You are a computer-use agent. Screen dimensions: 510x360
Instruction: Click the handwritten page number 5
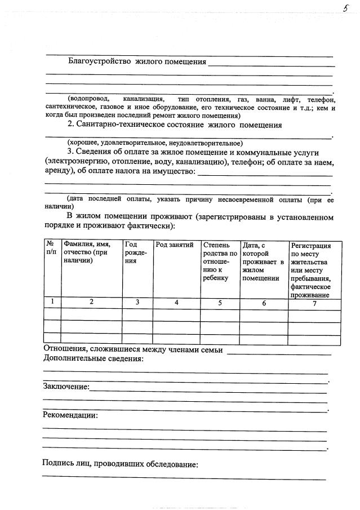[x=345, y=8]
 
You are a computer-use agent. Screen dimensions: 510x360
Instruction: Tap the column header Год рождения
[x=136, y=254]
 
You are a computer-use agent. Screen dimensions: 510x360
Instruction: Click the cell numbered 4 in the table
[x=176, y=302]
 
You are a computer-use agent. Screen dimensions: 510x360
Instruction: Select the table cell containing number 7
[x=314, y=304]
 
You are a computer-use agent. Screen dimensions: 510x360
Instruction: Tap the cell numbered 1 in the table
[x=52, y=301]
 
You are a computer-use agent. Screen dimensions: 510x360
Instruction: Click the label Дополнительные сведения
[x=93, y=360]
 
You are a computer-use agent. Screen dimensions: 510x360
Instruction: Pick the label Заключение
[x=66, y=387]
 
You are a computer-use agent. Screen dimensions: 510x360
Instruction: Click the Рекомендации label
[x=70, y=415]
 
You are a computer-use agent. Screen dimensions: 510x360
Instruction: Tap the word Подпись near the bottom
[x=60, y=465]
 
